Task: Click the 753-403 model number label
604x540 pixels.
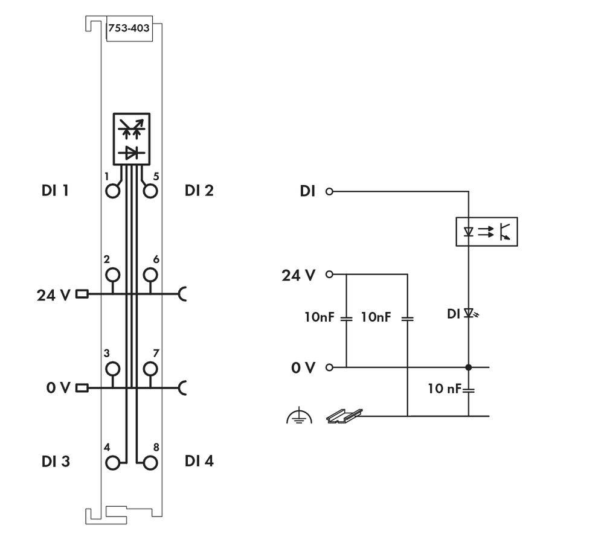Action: pos(129,28)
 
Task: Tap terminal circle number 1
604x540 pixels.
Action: pos(112,191)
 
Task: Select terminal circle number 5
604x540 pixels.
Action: pos(150,191)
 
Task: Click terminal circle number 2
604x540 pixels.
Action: pos(112,275)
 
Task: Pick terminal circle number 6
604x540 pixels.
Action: pos(150,275)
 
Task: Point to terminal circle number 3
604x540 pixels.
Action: pos(112,368)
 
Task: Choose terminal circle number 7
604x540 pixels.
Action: pos(150,368)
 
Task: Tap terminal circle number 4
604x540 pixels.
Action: pos(112,463)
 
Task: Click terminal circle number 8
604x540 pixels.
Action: pos(150,463)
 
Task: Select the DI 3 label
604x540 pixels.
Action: pos(56,462)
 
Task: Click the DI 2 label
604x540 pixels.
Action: pos(199,191)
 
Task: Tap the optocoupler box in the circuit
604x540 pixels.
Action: pos(486,232)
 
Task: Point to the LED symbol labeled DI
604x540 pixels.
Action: pos(469,314)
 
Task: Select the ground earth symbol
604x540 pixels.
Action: pos(299,416)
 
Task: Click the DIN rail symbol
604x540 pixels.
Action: pos(344,415)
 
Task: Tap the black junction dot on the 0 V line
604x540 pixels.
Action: pos(469,367)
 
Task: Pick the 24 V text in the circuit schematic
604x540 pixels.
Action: pos(298,276)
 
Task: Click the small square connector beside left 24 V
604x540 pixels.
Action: pos(83,294)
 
